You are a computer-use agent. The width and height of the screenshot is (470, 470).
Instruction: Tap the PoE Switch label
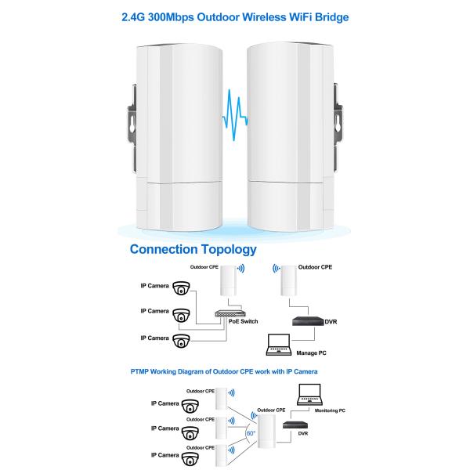pyautogui.click(x=244, y=321)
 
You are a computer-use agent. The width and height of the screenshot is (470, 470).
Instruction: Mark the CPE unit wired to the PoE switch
pyautogui.click(x=229, y=281)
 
